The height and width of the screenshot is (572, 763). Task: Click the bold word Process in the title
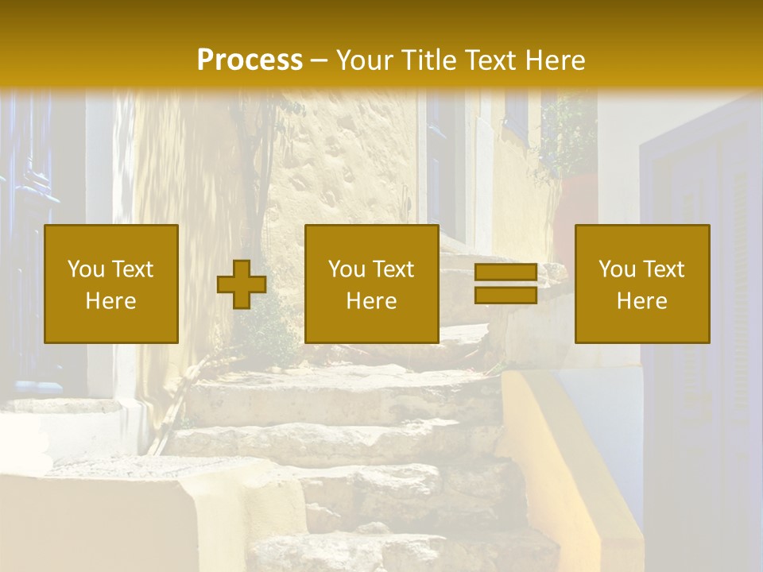pyautogui.click(x=250, y=60)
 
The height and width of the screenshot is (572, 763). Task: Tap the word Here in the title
pyautogui.click(x=553, y=60)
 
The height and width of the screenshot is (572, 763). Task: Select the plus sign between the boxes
pyautogui.click(x=242, y=284)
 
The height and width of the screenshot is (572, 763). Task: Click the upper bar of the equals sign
pyautogui.click(x=505, y=272)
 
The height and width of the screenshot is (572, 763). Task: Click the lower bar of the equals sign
pyautogui.click(x=505, y=295)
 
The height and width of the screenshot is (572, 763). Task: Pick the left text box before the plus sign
pyautogui.click(x=110, y=284)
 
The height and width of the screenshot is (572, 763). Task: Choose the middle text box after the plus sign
pyautogui.click(x=371, y=284)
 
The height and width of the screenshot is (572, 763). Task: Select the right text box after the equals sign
pyautogui.click(x=642, y=284)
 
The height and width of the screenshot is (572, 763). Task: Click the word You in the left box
pyautogui.click(x=84, y=269)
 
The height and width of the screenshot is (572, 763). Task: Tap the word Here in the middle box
pyautogui.click(x=371, y=301)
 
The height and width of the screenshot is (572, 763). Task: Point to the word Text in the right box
pyautogui.click(x=664, y=269)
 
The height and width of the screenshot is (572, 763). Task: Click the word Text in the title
pyautogui.click(x=490, y=60)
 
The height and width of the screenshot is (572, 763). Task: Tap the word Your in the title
pyautogui.click(x=365, y=60)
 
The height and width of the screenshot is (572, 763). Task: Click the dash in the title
pyautogui.click(x=319, y=61)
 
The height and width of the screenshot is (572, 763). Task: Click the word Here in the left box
pyautogui.click(x=110, y=301)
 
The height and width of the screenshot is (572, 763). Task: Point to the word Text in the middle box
pyautogui.click(x=394, y=269)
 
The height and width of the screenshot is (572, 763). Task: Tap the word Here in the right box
pyautogui.click(x=642, y=301)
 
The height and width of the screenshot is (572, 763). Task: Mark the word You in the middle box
pyautogui.click(x=346, y=269)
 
